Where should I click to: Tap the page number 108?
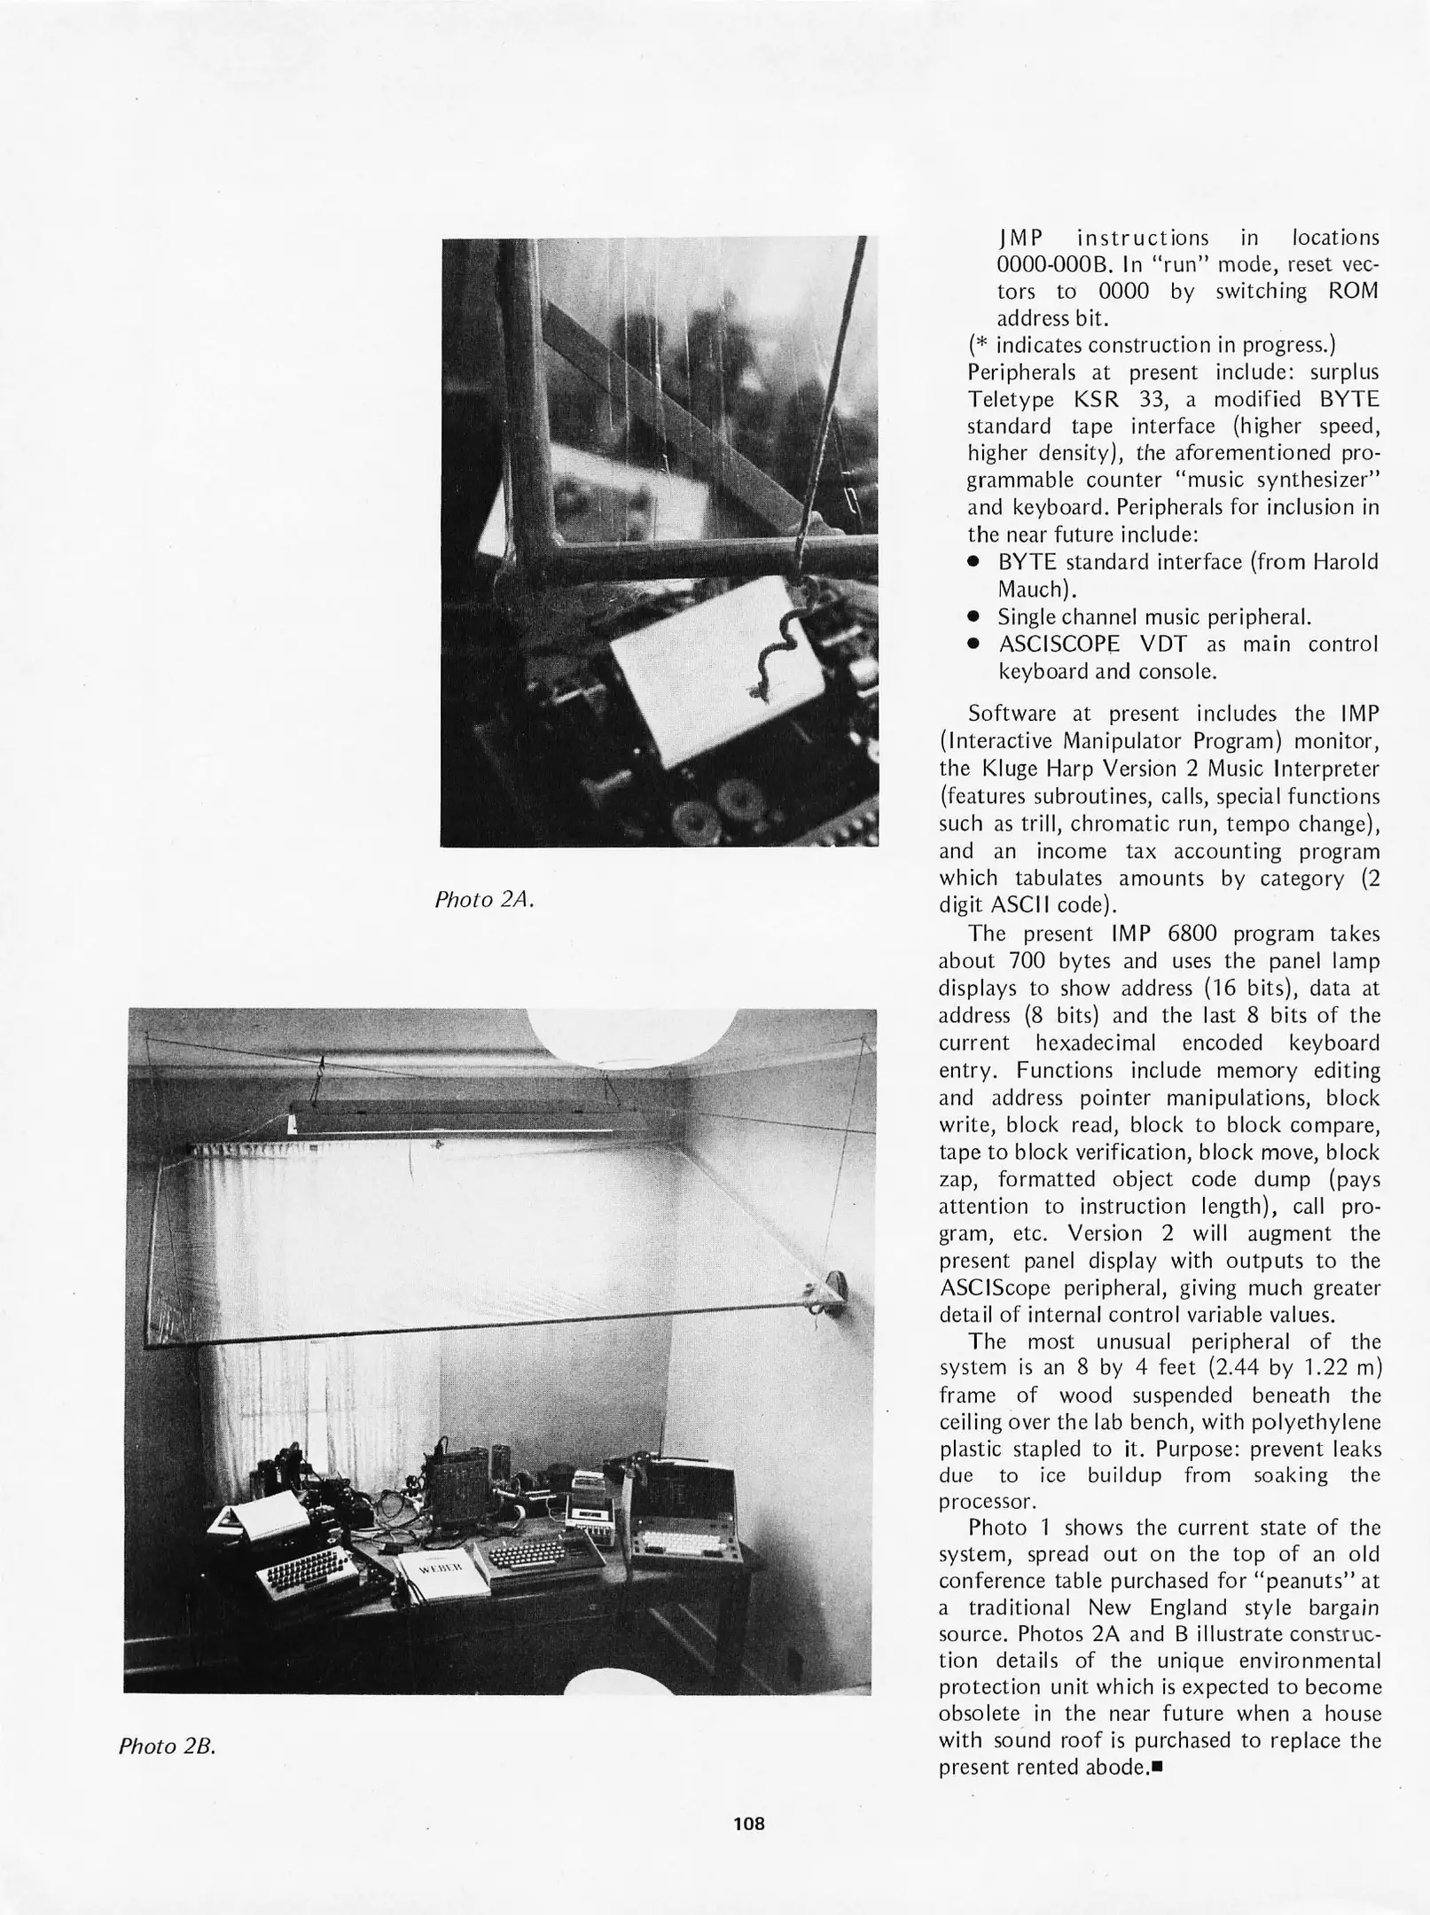749,1823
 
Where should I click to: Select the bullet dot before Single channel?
973,617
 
